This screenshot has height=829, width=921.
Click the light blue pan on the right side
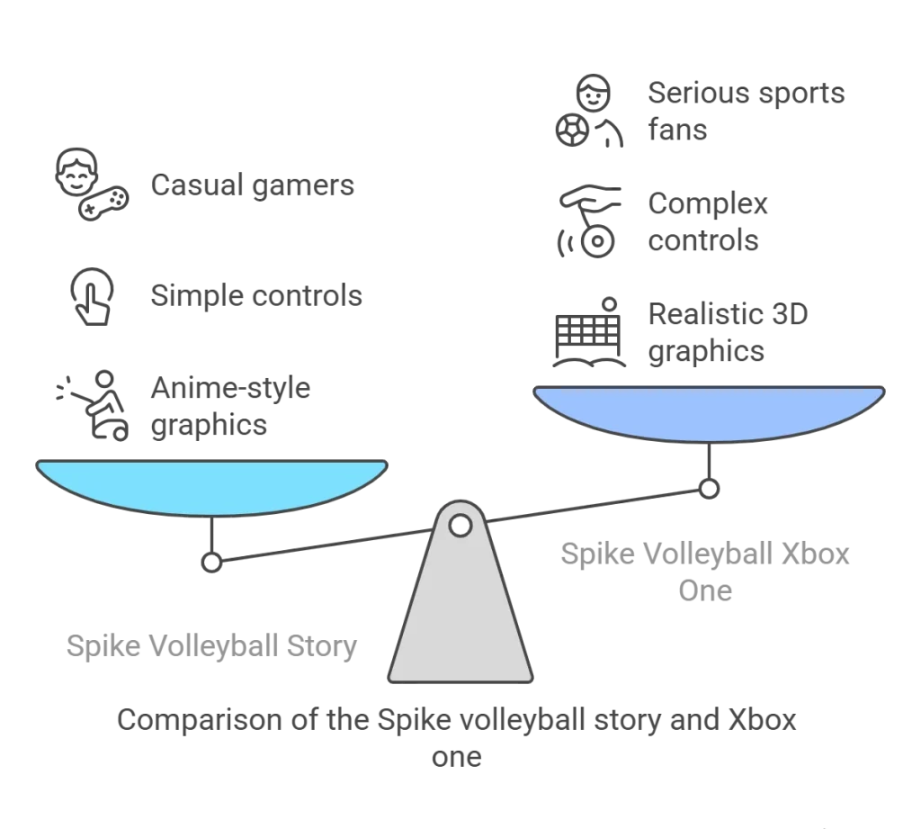pos(710,412)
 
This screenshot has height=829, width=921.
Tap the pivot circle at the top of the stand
pos(460,524)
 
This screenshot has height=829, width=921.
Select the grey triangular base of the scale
pos(460,621)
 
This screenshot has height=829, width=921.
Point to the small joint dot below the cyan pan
pos(212,563)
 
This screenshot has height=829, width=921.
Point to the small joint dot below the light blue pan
pos(711,490)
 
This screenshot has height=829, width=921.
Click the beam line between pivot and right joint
pos(594,506)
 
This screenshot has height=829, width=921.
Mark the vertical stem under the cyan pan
pos(212,533)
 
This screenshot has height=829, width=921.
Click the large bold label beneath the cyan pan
pos(212,648)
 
